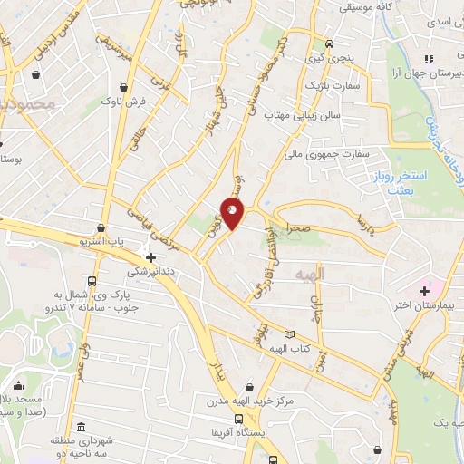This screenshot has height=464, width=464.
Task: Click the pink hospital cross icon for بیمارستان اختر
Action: [x=424, y=291]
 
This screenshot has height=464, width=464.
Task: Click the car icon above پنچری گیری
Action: [x=329, y=43]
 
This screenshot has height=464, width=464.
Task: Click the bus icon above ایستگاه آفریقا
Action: [x=238, y=420]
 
